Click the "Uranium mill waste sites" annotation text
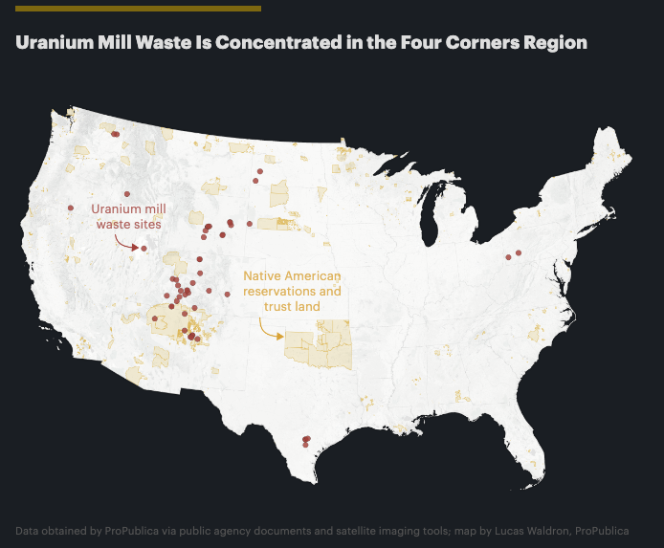coord(128,216)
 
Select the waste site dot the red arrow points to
coord(143,249)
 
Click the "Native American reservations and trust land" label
coord(292,291)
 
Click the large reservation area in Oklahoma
coord(316,349)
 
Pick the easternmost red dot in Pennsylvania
coord(519,252)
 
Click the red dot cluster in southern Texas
coord(306,440)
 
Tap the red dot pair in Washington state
coord(115,135)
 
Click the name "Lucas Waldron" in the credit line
coord(531,530)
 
